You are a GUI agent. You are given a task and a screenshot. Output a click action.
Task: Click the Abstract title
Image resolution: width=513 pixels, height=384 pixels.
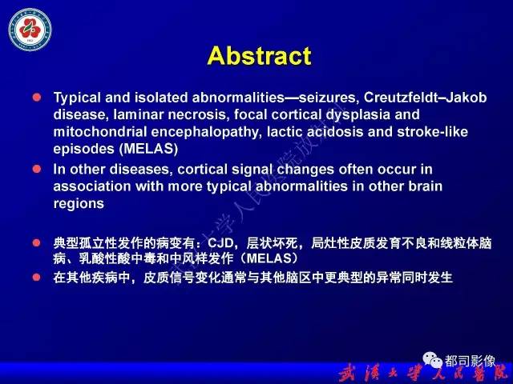tap(258, 56)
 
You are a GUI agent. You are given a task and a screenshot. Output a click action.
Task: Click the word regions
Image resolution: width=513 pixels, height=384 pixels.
tap(79, 203)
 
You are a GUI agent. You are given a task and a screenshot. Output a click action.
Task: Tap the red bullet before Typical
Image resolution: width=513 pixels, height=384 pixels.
tap(36, 97)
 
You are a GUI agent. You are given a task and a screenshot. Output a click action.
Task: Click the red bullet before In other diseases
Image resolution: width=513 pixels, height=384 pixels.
tap(36, 168)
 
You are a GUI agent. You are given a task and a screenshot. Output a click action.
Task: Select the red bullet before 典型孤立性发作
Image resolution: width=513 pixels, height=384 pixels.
tap(36, 242)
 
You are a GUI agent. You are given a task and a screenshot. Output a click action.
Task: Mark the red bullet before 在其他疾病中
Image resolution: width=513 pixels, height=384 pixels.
tap(36, 277)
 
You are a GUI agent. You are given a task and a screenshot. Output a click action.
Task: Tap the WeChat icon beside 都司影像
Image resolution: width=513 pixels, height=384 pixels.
tap(433, 362)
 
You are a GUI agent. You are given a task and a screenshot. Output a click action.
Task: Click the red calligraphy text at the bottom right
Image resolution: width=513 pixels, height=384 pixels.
tap(423, 373)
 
